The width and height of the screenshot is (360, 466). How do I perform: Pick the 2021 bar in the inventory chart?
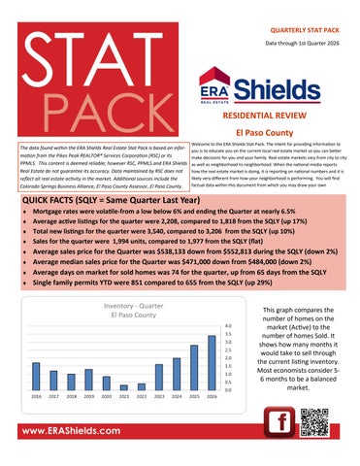pyautogui.click(x=123, y=387)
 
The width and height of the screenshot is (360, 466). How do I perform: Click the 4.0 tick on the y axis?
pyautogui.click(x=228, y=327)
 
